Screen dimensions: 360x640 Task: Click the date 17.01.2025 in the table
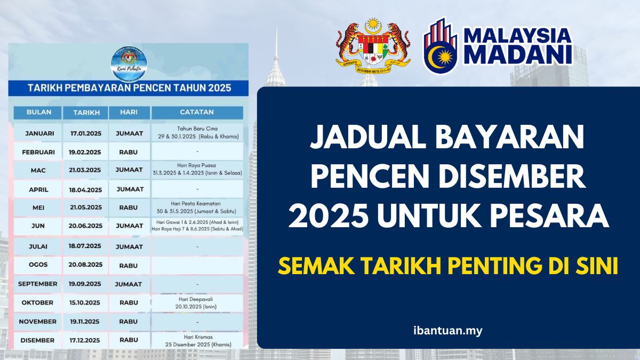tap(85, 133)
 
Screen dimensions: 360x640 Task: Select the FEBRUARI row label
tap(38, 151)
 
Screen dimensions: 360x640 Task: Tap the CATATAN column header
tap(197, 113)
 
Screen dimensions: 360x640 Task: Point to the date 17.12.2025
tap(85, 340)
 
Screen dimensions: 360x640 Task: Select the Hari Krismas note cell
tap(197, 340)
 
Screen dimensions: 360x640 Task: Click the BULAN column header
tap(38, 113)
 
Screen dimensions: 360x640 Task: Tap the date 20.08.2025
tap(85, 265)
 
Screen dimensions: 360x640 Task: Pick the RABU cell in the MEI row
tap(129, 208)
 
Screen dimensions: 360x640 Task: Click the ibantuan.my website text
tap(448, 331)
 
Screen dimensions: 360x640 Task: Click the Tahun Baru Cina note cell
tap(197, 133)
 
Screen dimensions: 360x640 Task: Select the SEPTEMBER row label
tap(38, 284)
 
